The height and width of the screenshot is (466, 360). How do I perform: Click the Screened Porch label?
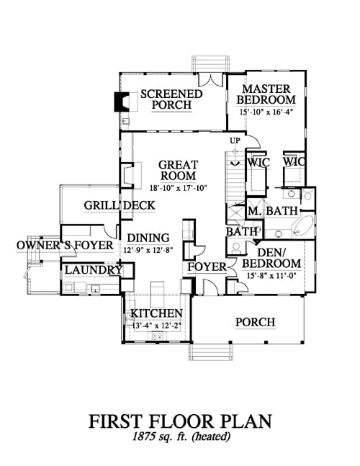tap(171, 99)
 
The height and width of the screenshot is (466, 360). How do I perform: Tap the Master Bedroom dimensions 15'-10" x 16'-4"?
tap(266, 112)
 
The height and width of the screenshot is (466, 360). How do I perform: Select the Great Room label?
tap(179, 170)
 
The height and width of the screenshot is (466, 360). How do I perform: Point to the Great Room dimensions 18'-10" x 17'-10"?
tap(179, 188)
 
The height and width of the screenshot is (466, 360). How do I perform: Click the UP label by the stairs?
tap(235, 140)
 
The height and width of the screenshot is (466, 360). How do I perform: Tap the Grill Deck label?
tap(120, 205)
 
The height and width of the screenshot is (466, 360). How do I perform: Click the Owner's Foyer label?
tap(65, 246)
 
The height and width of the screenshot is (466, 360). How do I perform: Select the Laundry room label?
tap(94, 270)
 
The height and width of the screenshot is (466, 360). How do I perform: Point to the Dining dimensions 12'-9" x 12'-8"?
tap(148, 250)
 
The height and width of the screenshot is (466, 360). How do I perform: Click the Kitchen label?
tap(156, 313)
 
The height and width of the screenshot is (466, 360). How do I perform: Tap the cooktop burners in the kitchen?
tap(157, 336)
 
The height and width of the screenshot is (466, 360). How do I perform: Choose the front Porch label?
tap(256, 322)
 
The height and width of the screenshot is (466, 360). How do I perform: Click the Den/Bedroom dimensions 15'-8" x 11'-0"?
tap(271, 276)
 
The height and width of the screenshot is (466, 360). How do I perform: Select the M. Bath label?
tap(273, 211)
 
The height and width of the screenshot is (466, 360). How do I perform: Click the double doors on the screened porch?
tap(210, 80)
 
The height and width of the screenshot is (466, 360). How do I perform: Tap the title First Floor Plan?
tap(180, 421)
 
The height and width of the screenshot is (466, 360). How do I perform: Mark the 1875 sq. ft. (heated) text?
tap(181, 436)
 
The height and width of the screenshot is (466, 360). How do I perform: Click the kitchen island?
tap(157, 295)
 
